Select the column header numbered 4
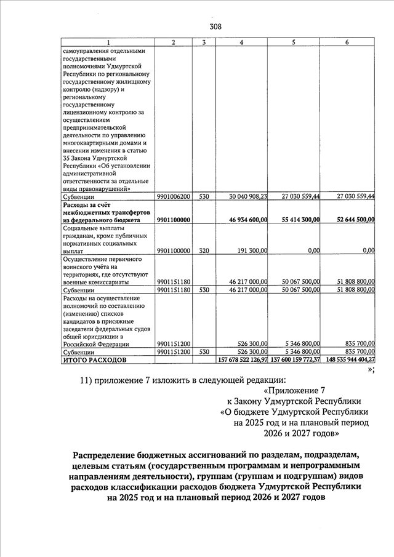(241, 42)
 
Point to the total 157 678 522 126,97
(243, 359)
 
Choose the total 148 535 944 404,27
(348, 359)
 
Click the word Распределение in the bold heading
(108, 454)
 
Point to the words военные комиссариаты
(98, 282)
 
